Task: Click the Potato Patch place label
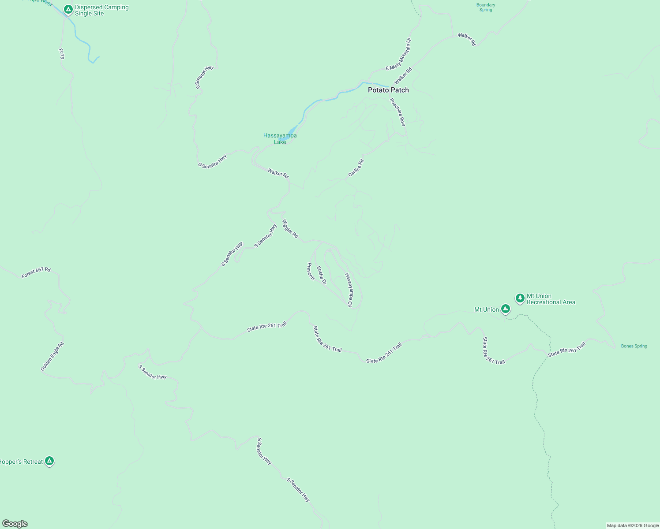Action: point(388,90)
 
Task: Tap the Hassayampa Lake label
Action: point(280,138)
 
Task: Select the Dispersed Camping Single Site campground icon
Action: point(68,9)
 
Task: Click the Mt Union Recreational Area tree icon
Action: point(520,298)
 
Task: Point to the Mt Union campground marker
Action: point(506,309)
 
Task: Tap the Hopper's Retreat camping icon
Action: point(49,461)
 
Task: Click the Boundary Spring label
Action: point(486,7)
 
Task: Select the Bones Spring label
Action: point(634,346)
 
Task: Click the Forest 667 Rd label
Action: point(36,273)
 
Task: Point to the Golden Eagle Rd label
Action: point(52,356)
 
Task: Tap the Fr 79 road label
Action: point(61,54)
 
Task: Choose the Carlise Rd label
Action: point(356,168)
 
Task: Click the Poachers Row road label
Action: point(397,112)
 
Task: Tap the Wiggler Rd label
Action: point(290,229)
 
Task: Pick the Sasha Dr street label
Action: point(322,275)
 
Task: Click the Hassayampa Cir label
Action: point(349,290)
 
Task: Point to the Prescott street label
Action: point(311,272)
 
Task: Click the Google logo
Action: point(15,524)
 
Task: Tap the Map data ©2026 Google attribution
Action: point(633,525)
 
